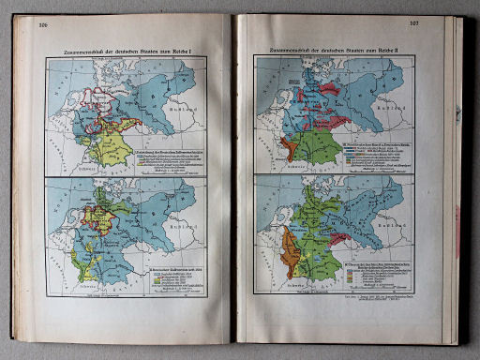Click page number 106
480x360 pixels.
coord(43,26)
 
